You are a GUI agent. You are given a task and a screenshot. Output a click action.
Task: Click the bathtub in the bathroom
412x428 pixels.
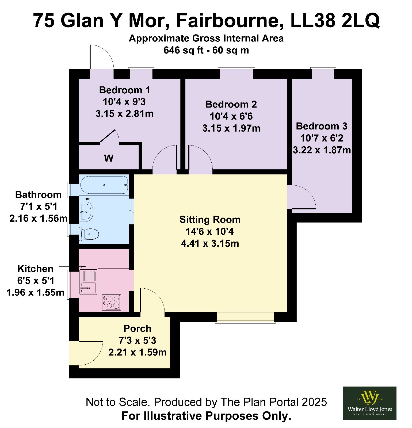coord(104,185)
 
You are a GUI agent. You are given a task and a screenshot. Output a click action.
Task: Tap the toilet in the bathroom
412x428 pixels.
coord(89,234)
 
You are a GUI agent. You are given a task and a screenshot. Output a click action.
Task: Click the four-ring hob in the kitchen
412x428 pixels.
coord(112,302)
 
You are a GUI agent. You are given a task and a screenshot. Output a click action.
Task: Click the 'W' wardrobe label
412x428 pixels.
coord(109,158)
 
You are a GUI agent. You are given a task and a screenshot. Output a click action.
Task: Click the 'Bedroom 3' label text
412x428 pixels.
coord(322,126)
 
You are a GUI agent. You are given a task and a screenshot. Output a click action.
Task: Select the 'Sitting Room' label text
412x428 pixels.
coord(210,220)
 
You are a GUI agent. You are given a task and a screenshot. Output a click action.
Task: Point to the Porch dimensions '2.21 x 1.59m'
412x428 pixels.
coord(138,352)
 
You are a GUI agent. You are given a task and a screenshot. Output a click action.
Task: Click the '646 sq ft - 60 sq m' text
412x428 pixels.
coord(206,50)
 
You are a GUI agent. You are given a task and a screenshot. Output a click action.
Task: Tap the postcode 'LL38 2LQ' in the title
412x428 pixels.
coord(335,21)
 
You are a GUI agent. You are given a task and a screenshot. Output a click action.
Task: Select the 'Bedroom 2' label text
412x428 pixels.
coord(231,104)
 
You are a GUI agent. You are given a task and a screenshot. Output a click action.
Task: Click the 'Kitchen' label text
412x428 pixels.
coord(35,269)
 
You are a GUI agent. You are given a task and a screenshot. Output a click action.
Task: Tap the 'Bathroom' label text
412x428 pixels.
coord(38,194)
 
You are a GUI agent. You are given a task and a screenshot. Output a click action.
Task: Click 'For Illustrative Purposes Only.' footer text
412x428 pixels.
coord(206,416)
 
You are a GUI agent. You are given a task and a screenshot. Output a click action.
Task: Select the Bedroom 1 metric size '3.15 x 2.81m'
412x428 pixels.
coord(125,114)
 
